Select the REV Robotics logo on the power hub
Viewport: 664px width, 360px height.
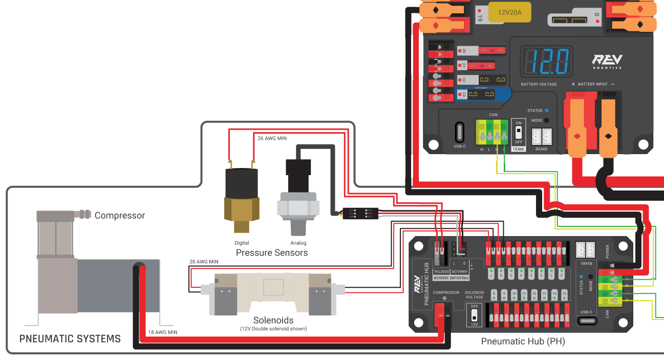coord(607,61)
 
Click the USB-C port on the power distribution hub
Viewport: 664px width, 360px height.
coord(460,132)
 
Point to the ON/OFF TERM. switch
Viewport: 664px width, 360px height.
coord(518,132)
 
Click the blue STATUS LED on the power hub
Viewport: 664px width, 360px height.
coord(546,110)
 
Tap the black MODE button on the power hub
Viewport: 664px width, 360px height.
coord(546,120)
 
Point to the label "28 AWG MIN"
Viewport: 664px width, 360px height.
coord(204,262)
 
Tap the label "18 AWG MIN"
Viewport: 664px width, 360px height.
coord(162,332)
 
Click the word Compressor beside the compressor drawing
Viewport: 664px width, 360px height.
coord(120,216)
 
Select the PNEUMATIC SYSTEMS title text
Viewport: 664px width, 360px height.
coord(70,338)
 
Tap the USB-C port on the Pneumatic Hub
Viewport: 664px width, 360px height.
coord(587,321)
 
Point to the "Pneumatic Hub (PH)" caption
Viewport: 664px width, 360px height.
coord(523,341)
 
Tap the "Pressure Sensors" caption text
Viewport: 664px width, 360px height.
coord(271,252)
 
